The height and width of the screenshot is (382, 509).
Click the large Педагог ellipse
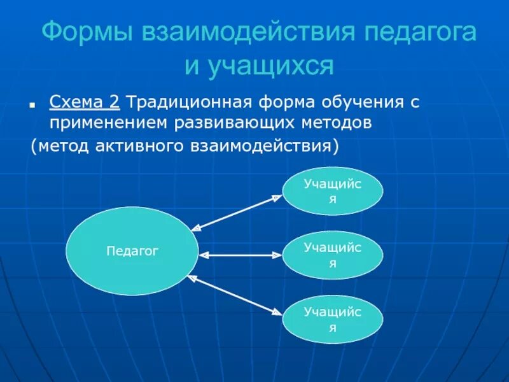coord(132,251)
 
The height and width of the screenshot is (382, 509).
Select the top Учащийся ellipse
coord(333,191)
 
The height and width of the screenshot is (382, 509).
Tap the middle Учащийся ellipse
coord(333,255)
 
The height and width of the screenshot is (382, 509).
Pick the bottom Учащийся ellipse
coord(333,320)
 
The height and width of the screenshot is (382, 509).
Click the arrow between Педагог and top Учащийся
coord(236,212)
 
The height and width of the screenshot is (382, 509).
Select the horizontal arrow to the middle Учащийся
coord(240,255)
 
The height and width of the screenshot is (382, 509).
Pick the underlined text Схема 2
coord(85,103)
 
